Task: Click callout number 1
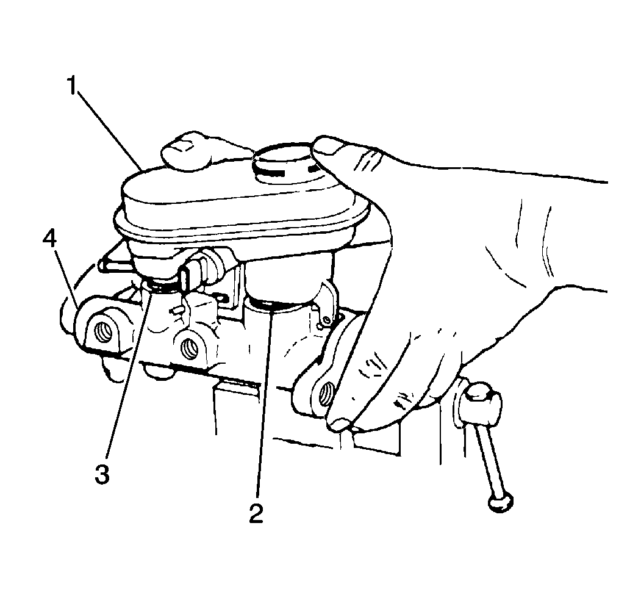[73, 85]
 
